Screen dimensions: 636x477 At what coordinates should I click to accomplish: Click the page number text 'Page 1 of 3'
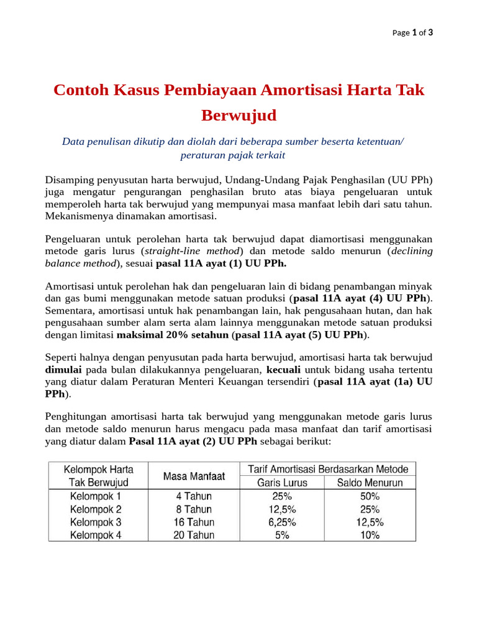click(412, 33)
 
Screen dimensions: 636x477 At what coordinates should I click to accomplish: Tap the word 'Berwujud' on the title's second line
click(238, 116)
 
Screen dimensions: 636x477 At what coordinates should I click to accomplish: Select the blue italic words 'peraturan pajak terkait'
click(232, 155)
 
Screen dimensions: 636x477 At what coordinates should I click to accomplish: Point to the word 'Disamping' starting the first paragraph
click(68, 179)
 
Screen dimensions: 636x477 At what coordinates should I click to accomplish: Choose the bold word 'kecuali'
click(284, 369)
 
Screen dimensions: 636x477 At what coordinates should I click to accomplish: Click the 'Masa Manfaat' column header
click(194, 476)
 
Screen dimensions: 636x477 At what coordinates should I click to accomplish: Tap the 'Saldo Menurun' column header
click(370, 483)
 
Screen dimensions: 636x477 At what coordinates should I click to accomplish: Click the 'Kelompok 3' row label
click(96, 522)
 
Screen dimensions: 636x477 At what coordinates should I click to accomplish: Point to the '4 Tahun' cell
click(194, 496)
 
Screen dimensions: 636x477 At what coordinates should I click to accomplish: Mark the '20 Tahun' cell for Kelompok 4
click(194, 535)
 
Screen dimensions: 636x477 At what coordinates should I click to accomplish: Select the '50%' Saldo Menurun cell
click(370, 496)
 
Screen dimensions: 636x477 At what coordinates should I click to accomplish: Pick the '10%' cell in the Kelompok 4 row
click(370, 535)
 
